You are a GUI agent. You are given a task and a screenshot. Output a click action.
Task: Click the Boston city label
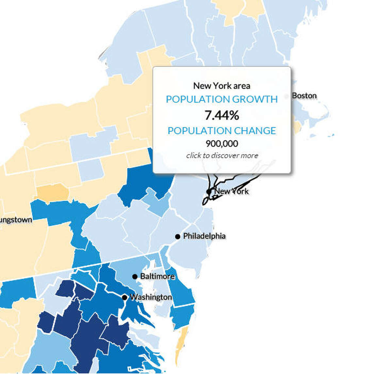point(304,96)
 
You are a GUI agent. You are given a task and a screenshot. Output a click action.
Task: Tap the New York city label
point(231,191)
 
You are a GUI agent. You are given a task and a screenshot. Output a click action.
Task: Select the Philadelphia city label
point(204,236)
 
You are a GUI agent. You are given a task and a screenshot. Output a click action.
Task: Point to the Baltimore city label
point(157,276)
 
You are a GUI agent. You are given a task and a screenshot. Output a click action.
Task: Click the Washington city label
point(151,297)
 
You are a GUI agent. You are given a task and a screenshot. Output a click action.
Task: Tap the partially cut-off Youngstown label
point(16,220)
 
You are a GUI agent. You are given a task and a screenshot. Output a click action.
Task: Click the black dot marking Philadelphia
point(178,236)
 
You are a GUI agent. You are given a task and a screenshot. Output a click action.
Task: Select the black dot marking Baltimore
point(135,277)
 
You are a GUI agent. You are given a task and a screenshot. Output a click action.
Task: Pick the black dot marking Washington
point(124,297)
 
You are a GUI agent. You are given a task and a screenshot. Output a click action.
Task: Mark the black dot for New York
point(209,191)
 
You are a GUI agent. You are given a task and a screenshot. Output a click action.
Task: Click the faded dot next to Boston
point(287,96)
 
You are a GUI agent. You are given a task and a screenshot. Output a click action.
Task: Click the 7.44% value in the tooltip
point(222,115)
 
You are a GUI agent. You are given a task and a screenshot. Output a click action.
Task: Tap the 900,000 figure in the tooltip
point(222,144)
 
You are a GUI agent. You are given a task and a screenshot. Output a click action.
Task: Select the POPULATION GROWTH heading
point(222,99)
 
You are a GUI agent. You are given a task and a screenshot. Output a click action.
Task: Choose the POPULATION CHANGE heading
point(222,131)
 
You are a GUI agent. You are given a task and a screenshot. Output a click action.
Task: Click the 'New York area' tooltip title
point(222,86)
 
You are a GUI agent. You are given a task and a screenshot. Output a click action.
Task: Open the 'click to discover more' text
point(222,155)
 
